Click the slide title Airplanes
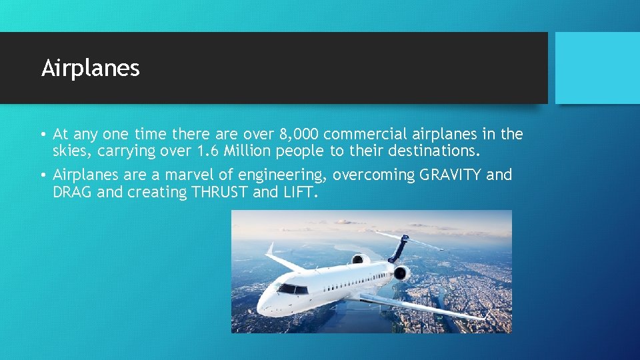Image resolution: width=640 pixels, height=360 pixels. point(91,68)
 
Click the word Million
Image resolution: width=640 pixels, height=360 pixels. point(245,151)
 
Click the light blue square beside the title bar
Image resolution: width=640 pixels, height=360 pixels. point(597,67)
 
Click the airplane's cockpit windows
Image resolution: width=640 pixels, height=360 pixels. point(292,289)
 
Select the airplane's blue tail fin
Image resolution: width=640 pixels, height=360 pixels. point(399,249)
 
